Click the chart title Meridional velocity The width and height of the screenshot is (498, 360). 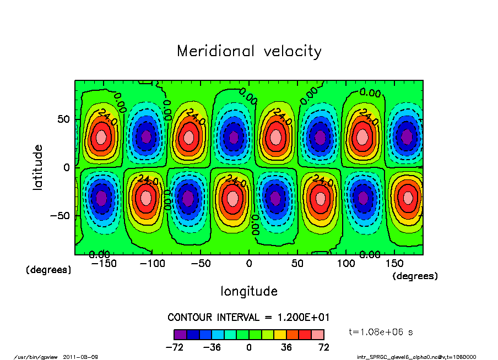pyautogui.click(x=249, y=52)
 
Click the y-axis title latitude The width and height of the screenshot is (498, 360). pyautogui.click(x=38, y=167)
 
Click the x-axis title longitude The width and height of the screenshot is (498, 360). pyautogui.click(x=249, y=291)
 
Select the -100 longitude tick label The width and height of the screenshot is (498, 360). pyautogui.click(x=153, y=264)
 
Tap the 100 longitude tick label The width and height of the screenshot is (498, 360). pyautogui.click(x=346, y=264)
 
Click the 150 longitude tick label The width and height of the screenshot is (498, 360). pyautogui.click(x=394, y=264)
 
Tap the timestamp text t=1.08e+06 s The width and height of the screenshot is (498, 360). pyautogui.click(x=381, y=332)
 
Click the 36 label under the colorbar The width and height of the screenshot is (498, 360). pyautogui.click(x=286, y=347)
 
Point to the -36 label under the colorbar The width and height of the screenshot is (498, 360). pyautogui.click(x=212, y=347)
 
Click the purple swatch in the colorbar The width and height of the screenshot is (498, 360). pyautogui.click(x=180, y=334)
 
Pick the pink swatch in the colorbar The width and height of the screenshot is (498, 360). pyautogui.click(x=318, y=334)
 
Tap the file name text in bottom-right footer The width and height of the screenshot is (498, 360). pyautogui.click(x=416, y=357)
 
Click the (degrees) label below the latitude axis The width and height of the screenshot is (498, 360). pyautogui.click(x=48, y=270)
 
